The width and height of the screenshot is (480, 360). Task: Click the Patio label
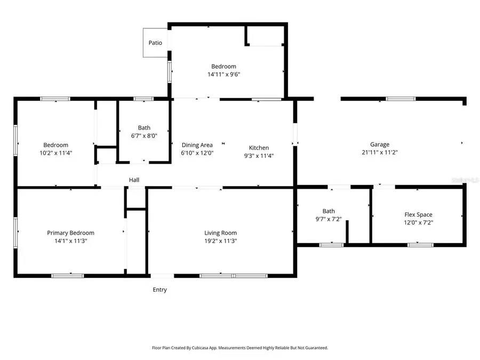click(155, 43)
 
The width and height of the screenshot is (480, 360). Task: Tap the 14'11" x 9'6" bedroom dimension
click(223, 75)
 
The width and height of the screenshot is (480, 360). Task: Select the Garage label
click(380, 144)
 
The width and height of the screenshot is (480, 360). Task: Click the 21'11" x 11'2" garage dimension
click(380, 152)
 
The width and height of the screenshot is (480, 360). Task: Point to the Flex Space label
click(418, 214)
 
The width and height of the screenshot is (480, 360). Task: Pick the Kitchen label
click(259, 148)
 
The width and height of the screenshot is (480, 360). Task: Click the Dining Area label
click(197, 145)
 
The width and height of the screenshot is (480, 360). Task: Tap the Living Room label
click(220, 233)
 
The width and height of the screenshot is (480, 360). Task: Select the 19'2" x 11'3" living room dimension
click(220, 241)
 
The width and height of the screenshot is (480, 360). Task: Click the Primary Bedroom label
click(70, 233)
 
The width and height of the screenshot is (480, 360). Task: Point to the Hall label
click(134, 180)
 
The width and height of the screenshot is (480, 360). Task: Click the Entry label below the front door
click(159, 290)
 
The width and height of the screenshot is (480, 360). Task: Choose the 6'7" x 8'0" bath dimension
click(144, 136)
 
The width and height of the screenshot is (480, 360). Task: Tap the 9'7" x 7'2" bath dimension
click(329, 219)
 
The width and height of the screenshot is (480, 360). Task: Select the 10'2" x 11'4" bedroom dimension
click(55, 153)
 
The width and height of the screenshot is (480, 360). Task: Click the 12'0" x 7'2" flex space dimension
click(418, 223)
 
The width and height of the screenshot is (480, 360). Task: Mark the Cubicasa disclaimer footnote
click(239, 348)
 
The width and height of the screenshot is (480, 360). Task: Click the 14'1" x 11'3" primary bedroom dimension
click(70, 241)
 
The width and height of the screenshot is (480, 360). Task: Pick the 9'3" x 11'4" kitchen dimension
click(259, 156)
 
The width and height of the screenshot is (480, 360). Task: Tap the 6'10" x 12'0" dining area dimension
click(197, 153)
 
